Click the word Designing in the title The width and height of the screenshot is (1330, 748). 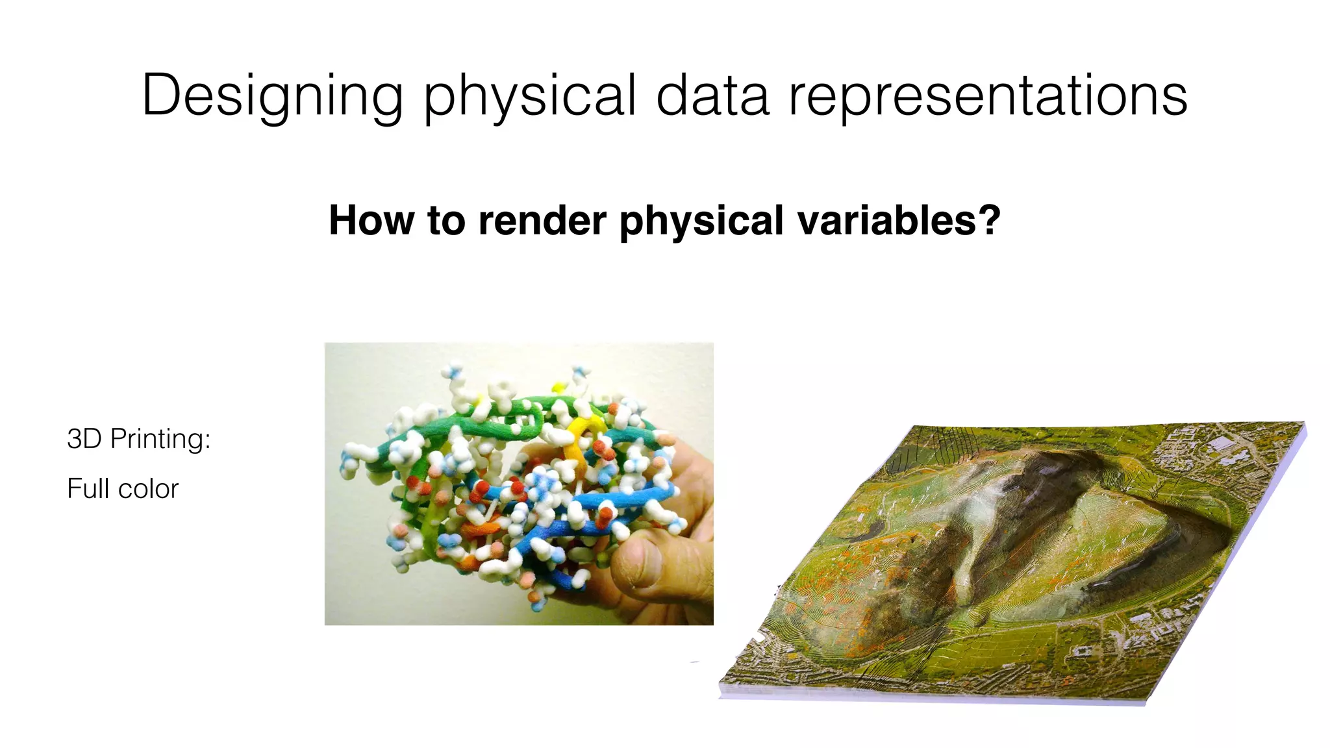(x=272, y=96)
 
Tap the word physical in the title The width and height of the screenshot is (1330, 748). (x=529, y=96)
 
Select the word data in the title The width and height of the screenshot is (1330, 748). (x=712, y=96)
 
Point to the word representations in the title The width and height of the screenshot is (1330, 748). (x=988, y=96)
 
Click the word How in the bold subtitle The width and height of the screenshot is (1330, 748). (x=371, y=220)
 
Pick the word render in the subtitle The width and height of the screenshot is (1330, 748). (x=542, y=220)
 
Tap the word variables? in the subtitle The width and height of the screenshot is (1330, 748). (x=899, y=220)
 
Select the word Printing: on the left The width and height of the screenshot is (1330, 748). (x=160, y=440)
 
